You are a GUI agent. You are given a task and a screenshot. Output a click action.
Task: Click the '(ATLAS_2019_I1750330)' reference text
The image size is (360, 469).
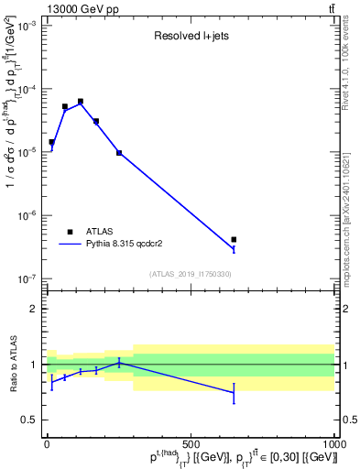[190, 274]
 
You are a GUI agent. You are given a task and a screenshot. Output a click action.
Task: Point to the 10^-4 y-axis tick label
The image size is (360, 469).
[24, 90]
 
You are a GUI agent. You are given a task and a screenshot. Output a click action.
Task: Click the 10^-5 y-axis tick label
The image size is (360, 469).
[24, 153]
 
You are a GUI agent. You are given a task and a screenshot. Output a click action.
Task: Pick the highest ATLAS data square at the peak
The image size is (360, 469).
[81, 101]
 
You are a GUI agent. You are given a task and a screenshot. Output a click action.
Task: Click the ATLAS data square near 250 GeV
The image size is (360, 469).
[119, 152]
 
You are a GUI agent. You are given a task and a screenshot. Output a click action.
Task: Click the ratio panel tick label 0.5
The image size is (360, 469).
[27, 420]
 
